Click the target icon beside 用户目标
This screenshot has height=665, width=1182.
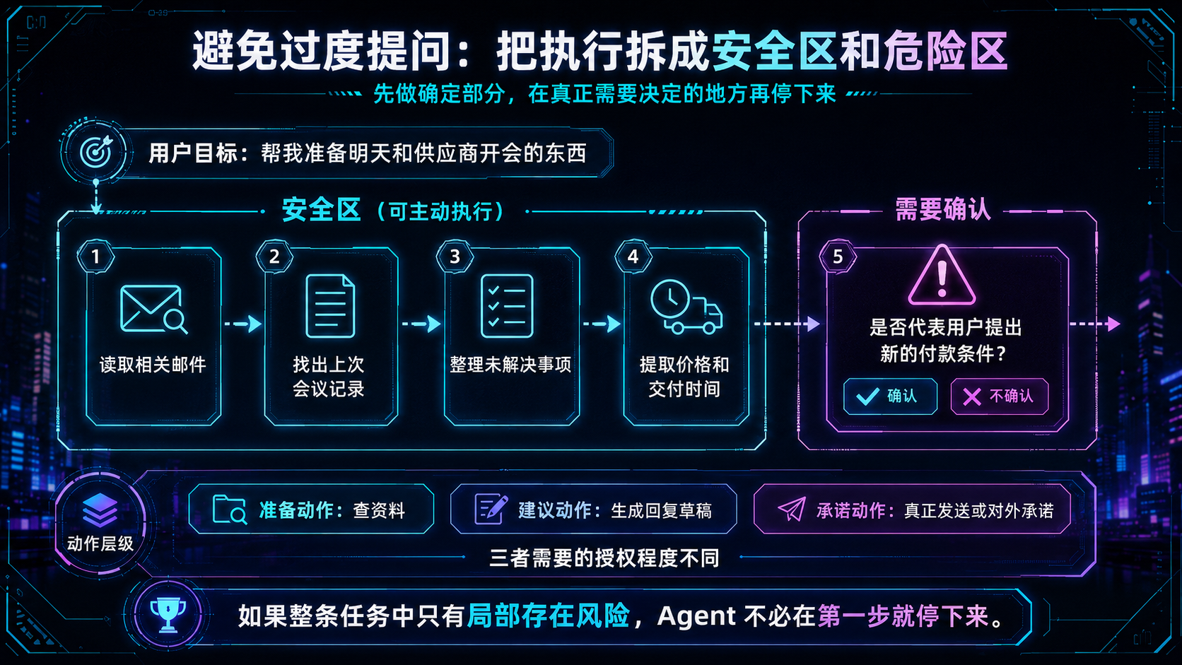click(x=95, y=152)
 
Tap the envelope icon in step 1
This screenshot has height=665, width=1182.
click(x=153, y=309)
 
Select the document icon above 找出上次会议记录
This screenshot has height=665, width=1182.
click(x=330, y=306)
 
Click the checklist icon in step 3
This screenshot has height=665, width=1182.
click(x=507, y=306)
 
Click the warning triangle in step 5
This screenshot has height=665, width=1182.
click(x=942, y=276)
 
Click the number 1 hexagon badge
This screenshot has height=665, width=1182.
click(x=95, y=257)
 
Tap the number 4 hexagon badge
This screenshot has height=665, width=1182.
click(x=633, y=257)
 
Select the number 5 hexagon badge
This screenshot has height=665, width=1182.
click(x=838, y=257)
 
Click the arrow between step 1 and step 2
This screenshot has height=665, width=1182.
click(x=243, y=323)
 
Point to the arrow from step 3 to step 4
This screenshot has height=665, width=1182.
click(x=602, y=323)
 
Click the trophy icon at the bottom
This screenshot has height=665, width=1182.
click(x=168, y=614)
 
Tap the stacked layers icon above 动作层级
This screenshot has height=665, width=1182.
click(x=100, y=510)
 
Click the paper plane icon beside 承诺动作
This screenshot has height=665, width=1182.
click(x=792, y=510)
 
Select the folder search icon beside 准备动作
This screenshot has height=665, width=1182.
click(x=230, y=510)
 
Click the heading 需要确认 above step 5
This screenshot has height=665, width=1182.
click(x=943, y=210)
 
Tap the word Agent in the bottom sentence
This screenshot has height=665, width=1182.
click(x=696, y=616)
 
